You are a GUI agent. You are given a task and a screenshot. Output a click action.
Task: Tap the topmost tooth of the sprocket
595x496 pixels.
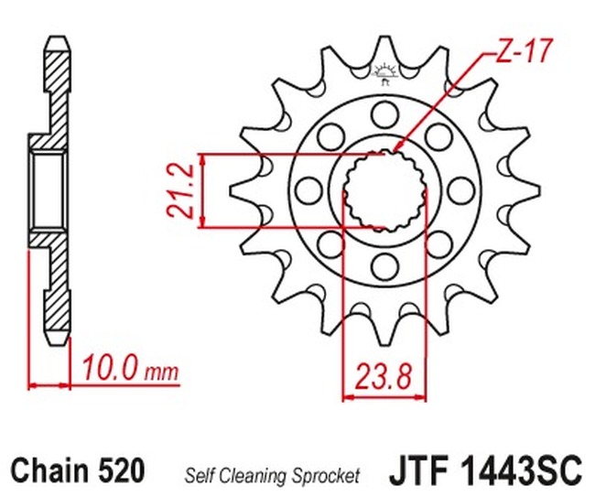coord(383,50)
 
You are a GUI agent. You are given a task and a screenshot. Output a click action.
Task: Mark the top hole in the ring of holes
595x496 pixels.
coord(383,113)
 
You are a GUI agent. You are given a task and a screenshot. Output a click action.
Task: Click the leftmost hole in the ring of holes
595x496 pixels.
coord(308,189)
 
